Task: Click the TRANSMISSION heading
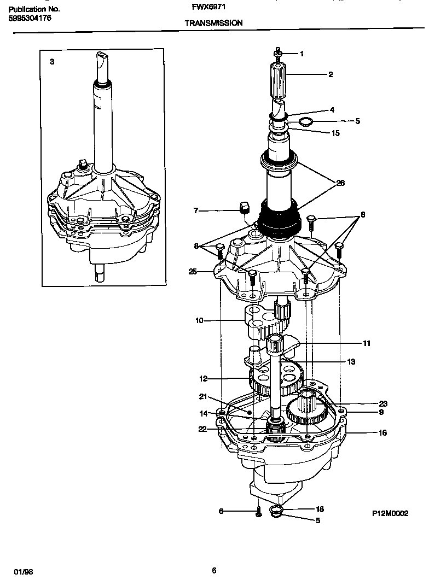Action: pyautogui.click(x=213, y=23)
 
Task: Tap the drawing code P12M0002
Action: pyautogui.click(x=390, y=514)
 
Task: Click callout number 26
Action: pyautogui.click(x=340, y=183)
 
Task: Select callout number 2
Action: pyautogui.click(x=331, y=74)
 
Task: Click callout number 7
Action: pyautogui.click(x=195, y=210)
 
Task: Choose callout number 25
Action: pyautogui.click(x=193, y=272)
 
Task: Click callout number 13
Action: pyautogui.click(x=351, y=361)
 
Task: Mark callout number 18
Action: pyautogui.click(x=320, y=509)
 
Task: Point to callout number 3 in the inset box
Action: pyautogui.click(x=52, y=62)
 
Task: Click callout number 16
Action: pyautogui.click(x=382, y=433)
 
